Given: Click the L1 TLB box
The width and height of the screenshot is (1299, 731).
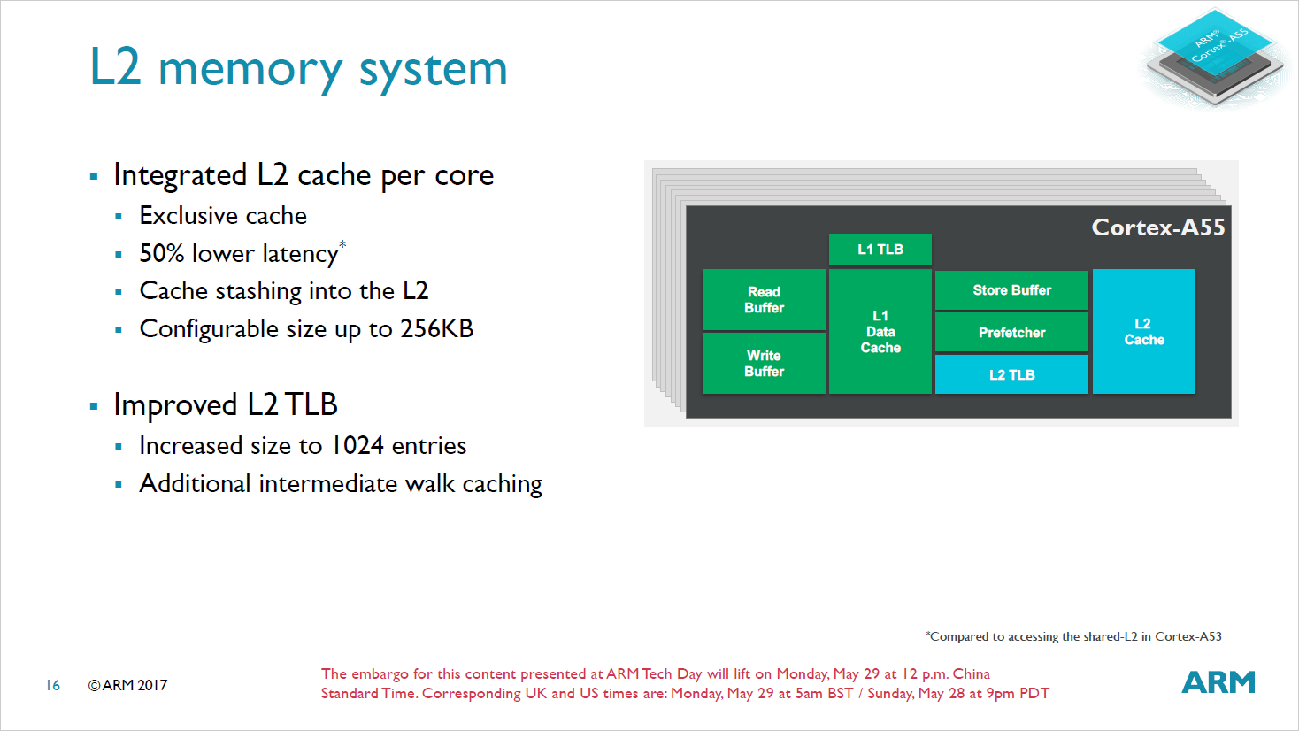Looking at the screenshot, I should click(880, 250).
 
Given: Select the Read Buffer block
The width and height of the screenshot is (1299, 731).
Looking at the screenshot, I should click(764, 300).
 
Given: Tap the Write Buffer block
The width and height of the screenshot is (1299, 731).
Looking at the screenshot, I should click(764, 363).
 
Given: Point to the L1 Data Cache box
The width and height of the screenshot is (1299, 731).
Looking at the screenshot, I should click(880, 332).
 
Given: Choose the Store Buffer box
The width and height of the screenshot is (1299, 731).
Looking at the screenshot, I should click(1011, 290).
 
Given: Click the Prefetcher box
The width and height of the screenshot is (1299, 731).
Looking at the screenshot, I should click(1011, 333).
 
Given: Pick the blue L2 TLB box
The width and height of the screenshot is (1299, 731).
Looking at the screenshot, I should click(1011, 374).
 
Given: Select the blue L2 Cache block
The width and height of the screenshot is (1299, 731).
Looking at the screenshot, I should click(1143, 332).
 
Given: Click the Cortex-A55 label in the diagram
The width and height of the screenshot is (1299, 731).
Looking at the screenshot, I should click(1157, 227).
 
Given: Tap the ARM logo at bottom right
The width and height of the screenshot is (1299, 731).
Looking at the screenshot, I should click(1218, 682).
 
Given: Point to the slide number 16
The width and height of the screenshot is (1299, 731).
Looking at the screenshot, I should click(53, 685).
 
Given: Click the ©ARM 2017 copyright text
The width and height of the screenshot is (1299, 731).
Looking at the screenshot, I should click(127, 685).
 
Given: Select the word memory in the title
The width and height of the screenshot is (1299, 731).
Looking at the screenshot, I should click(250, 69).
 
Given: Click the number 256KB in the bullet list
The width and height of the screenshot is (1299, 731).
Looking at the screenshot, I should click(436, 329).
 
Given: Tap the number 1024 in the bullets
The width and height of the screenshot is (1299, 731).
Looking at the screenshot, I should click(357, 446).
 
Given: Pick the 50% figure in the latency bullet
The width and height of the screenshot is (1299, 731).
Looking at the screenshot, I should click(162, 254).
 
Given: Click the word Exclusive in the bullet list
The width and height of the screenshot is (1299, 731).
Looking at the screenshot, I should click(188, 216).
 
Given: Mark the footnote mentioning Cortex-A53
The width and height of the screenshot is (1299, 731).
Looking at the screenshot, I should click(1073, 636).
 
